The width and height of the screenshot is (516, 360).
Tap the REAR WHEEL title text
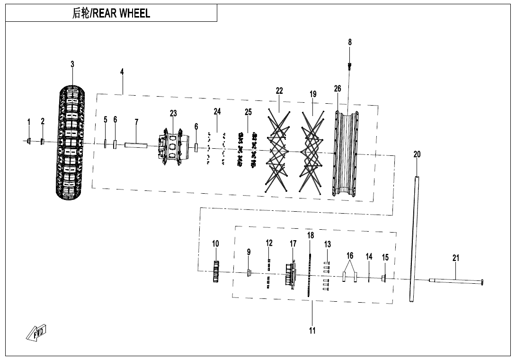pyautogui.click(x=111, y=13)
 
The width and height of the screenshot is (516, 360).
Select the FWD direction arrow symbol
pyautogui.click(x=37, y=333)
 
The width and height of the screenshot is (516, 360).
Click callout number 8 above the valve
pyautogui.click(x=350, y=42)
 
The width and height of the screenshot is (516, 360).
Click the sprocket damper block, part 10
pyautogui.click(x=216, y=272)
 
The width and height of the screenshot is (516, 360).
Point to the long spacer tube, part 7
pyautogui.click(x=136, y=145)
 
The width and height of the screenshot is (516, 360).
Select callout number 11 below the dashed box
pyautogui.click(x=312, y=331)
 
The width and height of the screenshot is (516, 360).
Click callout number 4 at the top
pyautogui.click(x=122, y=72)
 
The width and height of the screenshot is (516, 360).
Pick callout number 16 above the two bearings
pyautogui.click(x=350, y=256)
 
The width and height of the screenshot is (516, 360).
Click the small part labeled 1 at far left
pyautogui.click(x=29, y=141)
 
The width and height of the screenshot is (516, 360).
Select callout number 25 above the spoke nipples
pyautogui.click(x=248, y=112)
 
